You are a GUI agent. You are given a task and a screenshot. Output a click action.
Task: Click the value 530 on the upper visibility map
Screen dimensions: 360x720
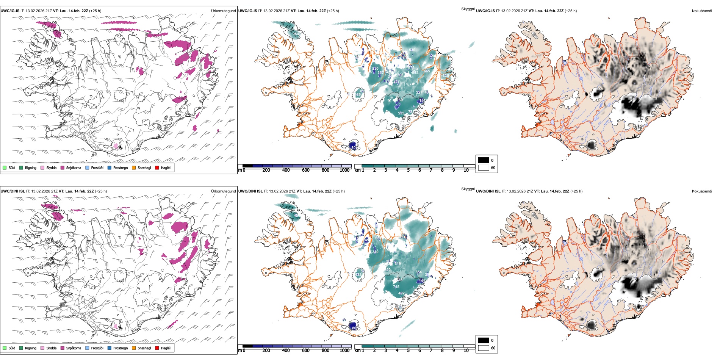tap(412, 50)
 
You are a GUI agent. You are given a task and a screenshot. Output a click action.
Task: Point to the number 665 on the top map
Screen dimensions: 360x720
tap(427, 71)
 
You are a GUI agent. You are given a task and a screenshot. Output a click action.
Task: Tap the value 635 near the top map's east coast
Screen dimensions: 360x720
tap(446, 76)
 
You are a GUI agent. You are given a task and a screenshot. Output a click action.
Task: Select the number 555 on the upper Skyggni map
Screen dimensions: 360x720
tap(401, 113)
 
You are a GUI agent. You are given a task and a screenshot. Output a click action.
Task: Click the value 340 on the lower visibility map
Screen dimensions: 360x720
tap(375, 252)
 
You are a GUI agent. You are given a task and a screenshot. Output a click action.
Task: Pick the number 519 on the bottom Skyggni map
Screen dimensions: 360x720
tap(398, 264)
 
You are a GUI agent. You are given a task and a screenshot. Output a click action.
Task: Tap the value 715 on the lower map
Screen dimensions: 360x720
tap(396, 287)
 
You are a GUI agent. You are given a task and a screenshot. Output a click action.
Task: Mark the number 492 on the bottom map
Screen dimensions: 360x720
tap(401, 293)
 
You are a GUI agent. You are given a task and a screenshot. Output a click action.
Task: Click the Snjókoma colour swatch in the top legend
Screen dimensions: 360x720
tap(63, 168)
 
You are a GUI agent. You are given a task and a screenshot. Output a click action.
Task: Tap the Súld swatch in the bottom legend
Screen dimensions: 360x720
tap(5, 348)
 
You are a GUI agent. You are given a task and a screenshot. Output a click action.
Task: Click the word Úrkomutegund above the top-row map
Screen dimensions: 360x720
tap(223, 11)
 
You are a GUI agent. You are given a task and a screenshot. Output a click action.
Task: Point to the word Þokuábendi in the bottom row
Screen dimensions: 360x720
tap(702, 191)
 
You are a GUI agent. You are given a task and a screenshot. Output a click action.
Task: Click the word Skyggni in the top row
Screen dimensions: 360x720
tap(468, 9)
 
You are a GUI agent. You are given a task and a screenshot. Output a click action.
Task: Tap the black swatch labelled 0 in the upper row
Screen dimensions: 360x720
tap(484, 160)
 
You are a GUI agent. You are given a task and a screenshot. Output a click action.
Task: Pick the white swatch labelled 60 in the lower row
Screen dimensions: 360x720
tap(484, 348)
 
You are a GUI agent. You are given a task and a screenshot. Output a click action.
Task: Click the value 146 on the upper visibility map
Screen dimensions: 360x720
tap(423, 101)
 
